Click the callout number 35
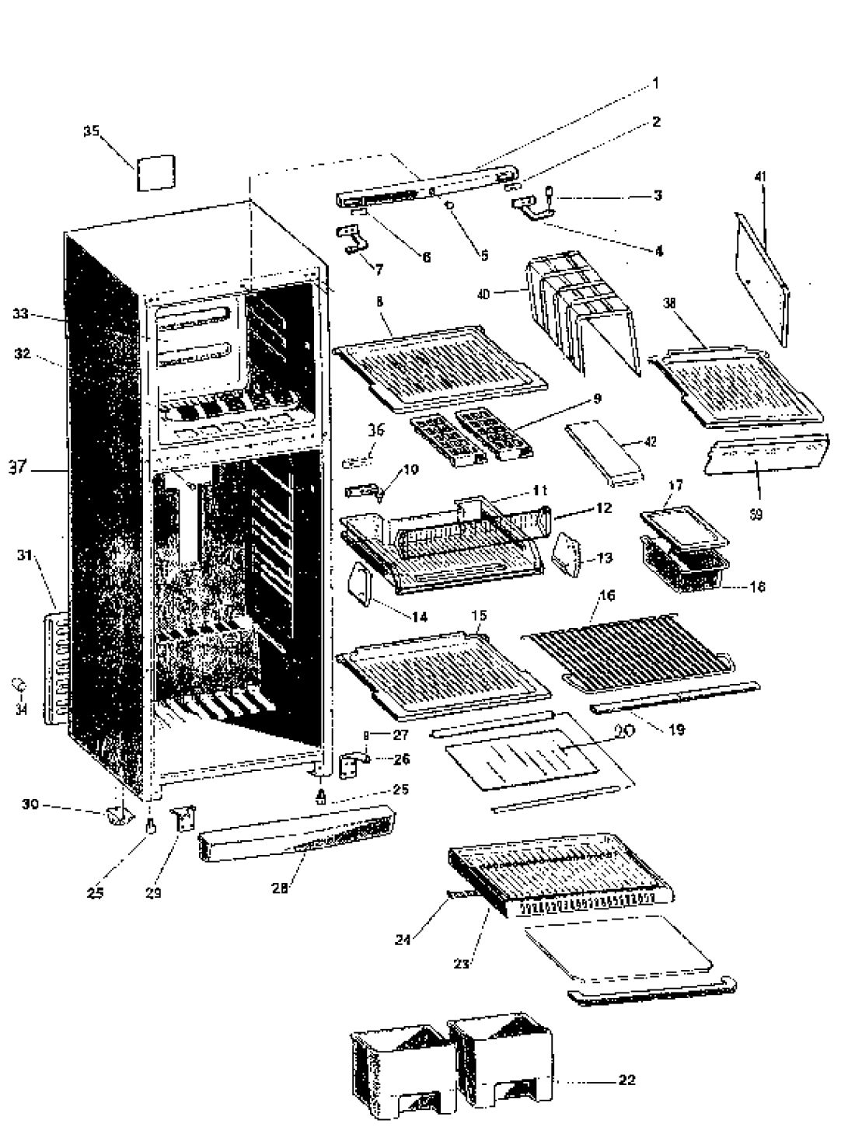click(92, 131)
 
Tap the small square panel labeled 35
click(155, 173)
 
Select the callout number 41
click(761, 176)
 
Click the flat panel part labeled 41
click(761, 268)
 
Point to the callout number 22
click(626, 1080)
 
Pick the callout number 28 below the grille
click(279, 888)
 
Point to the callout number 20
click(624, 731)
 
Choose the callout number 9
click(597, 399)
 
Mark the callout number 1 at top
click(655, 81)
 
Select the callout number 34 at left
click(20, 709)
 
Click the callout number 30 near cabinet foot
click(30, 804)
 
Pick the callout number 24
click(402, 939)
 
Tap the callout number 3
click(658, 195)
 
